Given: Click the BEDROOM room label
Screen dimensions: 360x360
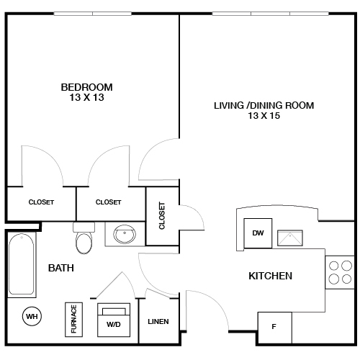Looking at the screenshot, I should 86,87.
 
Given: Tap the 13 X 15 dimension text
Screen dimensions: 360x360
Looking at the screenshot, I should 264,117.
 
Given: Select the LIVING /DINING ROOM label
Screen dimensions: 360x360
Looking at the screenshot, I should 264,106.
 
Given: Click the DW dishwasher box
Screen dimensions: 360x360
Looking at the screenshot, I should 257,233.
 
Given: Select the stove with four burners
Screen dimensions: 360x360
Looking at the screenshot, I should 340,271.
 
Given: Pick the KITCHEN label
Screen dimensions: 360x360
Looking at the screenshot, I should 270,276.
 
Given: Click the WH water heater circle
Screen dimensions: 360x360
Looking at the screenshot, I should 32,315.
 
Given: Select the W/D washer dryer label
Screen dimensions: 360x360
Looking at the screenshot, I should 113,324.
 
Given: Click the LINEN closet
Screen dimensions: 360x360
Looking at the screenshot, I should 158,321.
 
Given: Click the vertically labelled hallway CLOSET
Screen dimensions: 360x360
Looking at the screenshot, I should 161,215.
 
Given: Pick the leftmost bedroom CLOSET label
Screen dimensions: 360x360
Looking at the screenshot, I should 41,202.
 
